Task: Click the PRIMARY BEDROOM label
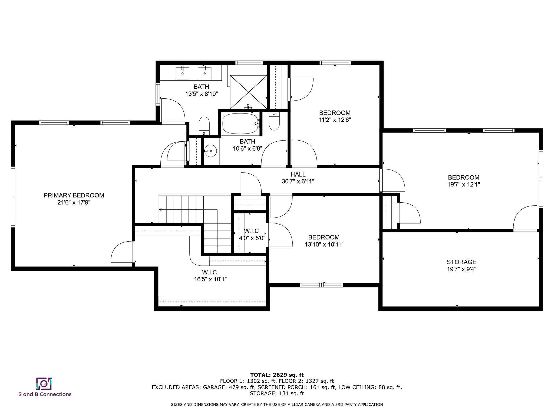pyautogui.click(x=74, y=195)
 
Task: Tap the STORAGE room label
pyautogui.click(x=461, y=262)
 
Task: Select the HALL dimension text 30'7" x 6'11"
pyautogui.click(x=298, y=181)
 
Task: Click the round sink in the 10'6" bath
pyautogui.click(x=210, y=150)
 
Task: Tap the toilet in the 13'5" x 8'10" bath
pyautogui.click(x=204, y=126)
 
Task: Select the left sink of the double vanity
pyautogui.click(x=182, y=73)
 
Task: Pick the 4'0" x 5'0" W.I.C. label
pyautogui.click(x=252, y=235)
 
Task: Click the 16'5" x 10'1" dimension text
pyautogui.click(x=210, y=279)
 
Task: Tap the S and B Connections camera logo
pyautogui.click(x=44, y=383)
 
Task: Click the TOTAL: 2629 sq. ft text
pyautogui.click(x=277, y=375)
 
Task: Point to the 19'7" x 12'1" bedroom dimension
pyautogui.click(x=464, y=184)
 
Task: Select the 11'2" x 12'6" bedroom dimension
pyautogui.click(x=335, y=120)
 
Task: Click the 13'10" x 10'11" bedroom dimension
pyautogui.click(x=324, y=245)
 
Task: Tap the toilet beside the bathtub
pyautogui.click(x=274, y=121)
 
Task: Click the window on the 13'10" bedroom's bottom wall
pyautogui.click(x=321, y=285)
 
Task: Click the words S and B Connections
pyautogui.click(x=45, y=394)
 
